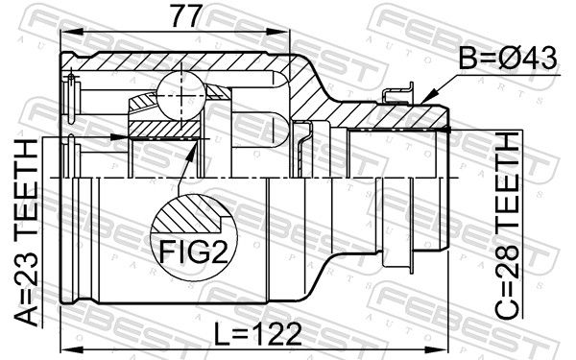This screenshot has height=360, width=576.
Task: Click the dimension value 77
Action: [x=187, y=15]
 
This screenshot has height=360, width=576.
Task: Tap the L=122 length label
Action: [x=258, y=334]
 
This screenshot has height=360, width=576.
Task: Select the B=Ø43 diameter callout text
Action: [x=508, y=59]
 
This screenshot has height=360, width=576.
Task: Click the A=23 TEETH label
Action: [x=26, y=232]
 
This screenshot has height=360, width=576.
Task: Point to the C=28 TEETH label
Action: [x=507, y=226]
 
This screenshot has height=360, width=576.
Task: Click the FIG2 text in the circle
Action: [x=194, y=252]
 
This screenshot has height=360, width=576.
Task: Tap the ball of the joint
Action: [x=180, y=96]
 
